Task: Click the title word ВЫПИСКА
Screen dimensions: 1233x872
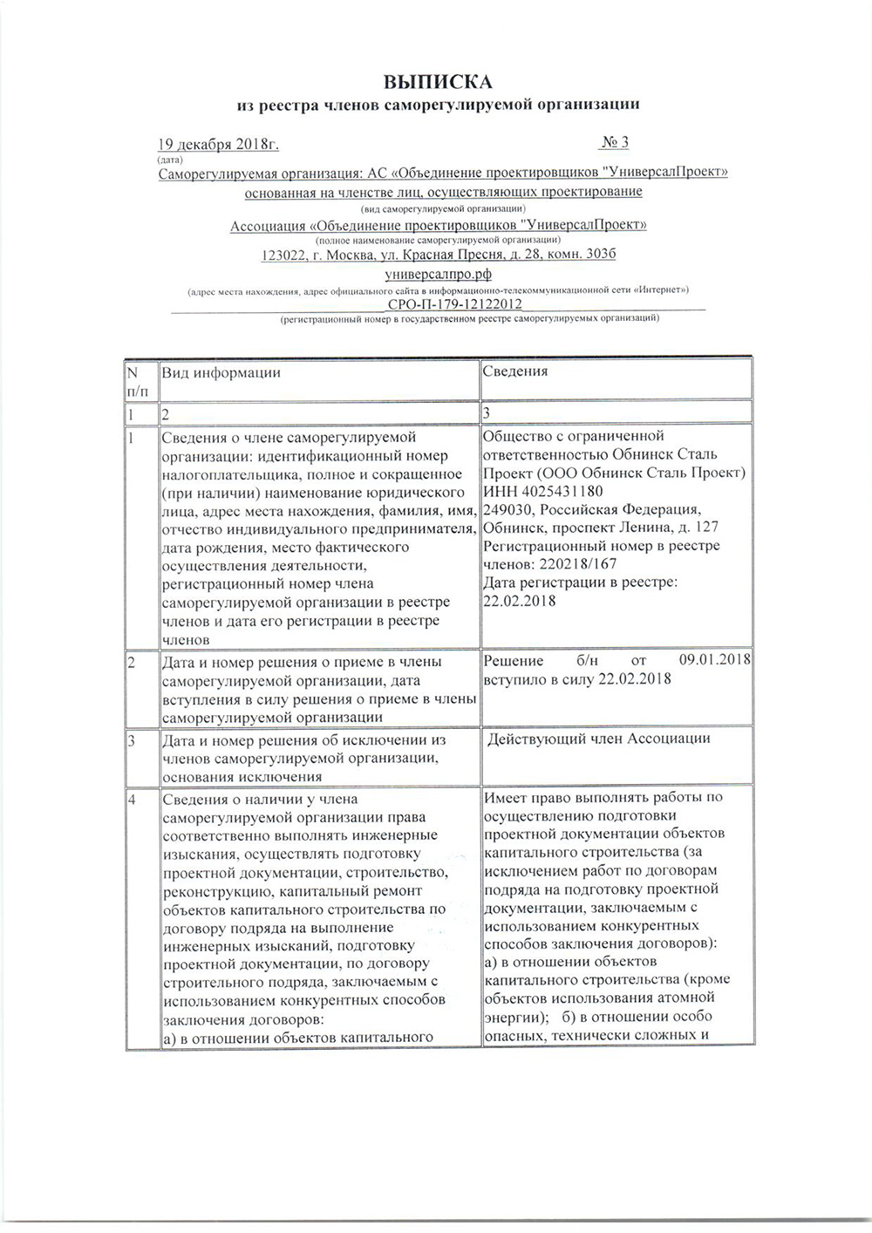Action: (x=439, y=83)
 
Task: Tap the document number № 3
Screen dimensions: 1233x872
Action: (x=615, y=142)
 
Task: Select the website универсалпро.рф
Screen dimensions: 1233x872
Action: (x=439, y=273)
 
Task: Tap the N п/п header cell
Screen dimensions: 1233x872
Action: (x=139, y=380)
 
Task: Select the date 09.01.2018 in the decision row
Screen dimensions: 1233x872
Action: (x=715, y=660)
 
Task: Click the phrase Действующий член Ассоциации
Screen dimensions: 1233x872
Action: (x=598, y=739)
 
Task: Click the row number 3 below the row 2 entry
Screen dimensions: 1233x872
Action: (x=132, y=741)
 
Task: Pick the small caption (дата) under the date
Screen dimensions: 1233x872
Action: (x=170, y=159)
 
